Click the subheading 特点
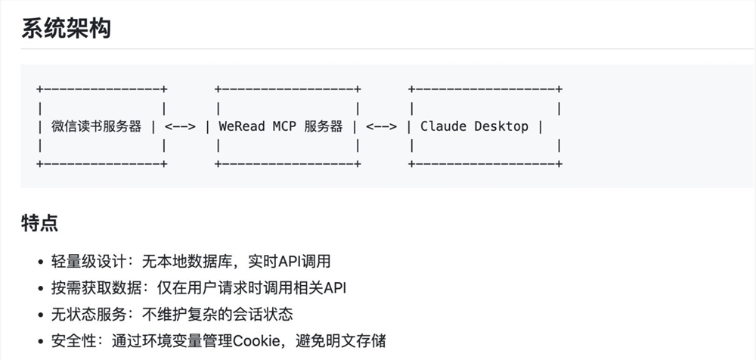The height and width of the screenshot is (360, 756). click(x=40, y=223)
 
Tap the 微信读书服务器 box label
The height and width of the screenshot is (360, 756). click(x=96, y=126)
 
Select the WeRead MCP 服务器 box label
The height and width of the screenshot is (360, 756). click(x=280, y=126)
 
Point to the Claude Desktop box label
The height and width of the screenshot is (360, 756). click(x=474, y=126)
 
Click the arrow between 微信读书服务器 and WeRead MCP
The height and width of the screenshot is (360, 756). click(x=180, y=126)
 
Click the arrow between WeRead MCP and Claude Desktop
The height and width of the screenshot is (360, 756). click(x=381, y=126)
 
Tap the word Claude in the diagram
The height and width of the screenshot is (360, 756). click(x=443, y=126)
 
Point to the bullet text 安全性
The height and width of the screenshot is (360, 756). click(x=71, y=340)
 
